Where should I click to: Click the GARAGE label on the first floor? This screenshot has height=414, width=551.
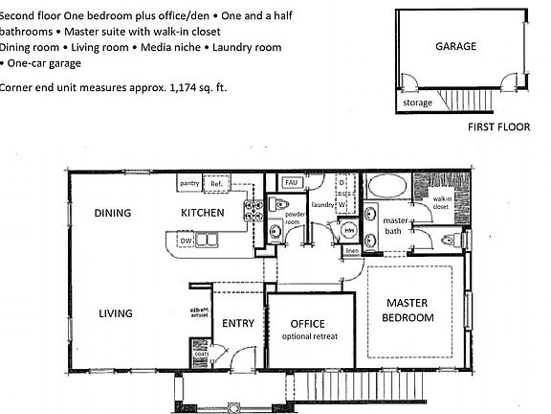point(456,46)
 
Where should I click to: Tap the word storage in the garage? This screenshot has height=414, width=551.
point(416,103)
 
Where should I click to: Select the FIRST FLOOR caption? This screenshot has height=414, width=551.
point(499,126)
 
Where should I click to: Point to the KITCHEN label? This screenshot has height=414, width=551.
point(203,213)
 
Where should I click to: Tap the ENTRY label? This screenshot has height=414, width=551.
point(237,323)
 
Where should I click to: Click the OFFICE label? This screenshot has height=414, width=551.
point(308,323)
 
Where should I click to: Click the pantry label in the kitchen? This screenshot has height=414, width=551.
point(188,182)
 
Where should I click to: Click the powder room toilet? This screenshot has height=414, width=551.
point(278,204)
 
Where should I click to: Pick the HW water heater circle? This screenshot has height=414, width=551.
point(349,230)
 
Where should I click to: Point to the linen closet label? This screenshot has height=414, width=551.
point(351,251)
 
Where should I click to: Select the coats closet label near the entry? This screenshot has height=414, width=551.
point(201,354)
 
